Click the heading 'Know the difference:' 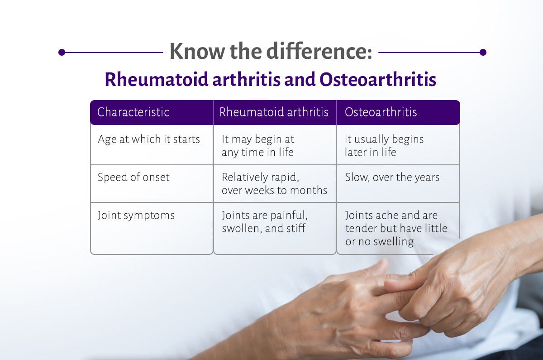click(x=271, y=51)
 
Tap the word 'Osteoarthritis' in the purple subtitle click(x=378, y=79)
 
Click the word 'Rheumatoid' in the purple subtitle click(x=157, y=79)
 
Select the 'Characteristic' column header click(x=133, y=112)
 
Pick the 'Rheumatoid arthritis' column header click(x=274, y=112)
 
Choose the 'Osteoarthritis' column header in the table click(x=381, y=112)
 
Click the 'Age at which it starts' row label click(x=149, y=139)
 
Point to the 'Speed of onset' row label click(x=133, y=177)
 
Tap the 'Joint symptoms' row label click(x=136, y=216)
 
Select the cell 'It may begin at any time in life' click(x=258, y=146)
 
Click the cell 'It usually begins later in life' click(x=384, y=146)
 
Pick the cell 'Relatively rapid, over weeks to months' click(x=274, y=184)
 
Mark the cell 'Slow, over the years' click(x=392, y=177)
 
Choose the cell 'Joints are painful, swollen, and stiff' click(x=265, y=222)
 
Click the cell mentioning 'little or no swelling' click(x=396, y=229)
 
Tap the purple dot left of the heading click(x=62, y=52)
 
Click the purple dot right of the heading click(x=483, y=52)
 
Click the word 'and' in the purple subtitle click(x=300, y=79)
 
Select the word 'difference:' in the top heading click(x=319, y=51)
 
